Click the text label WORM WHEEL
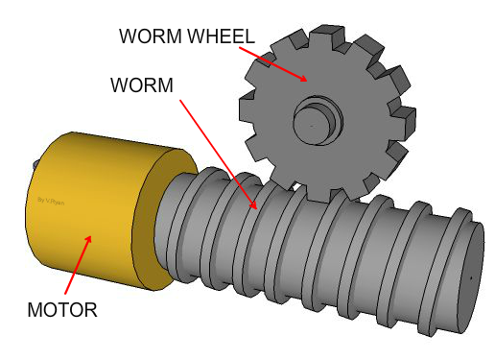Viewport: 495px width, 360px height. [x=186, y=36]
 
